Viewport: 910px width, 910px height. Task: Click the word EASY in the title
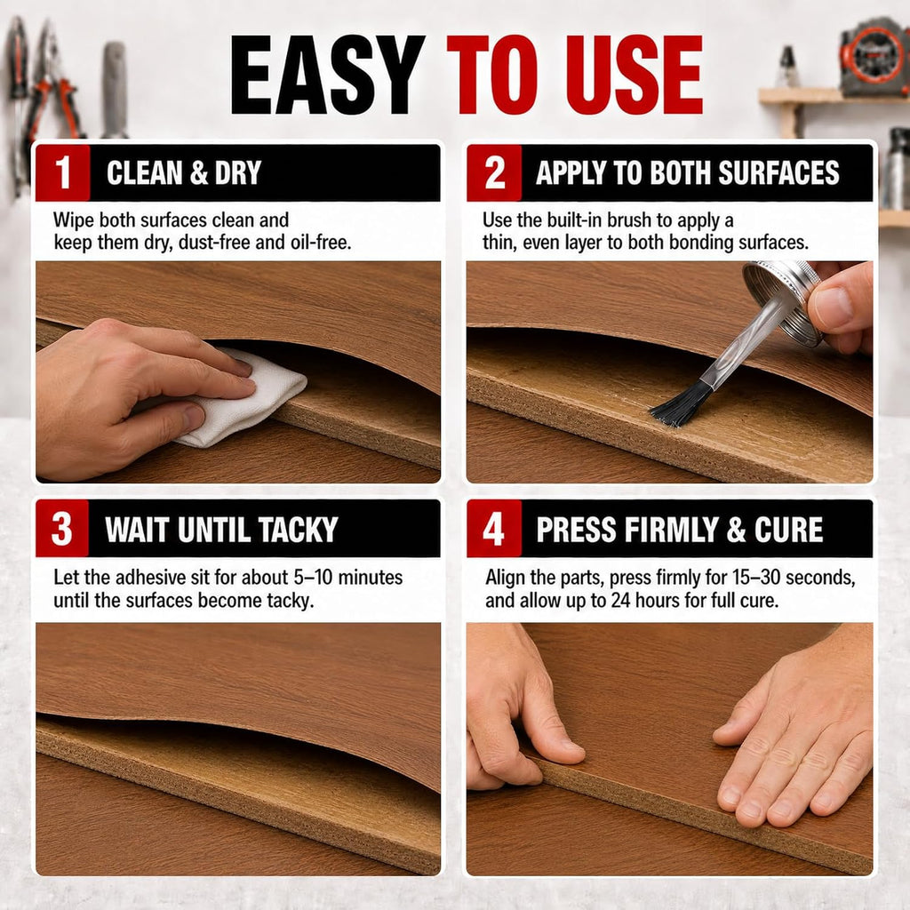point(328,75)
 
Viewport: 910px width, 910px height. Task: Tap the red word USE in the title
point(634,75)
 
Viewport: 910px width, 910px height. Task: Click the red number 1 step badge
point(63,173)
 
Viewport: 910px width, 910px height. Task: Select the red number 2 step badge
point(494,173)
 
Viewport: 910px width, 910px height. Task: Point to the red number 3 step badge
point(62,529)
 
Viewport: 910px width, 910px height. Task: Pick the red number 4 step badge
point(494,529)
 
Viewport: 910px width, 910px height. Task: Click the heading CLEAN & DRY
point(184,173)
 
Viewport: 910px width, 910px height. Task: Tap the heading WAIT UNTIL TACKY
point(221,530)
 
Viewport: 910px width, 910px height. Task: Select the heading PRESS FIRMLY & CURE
point(680,530)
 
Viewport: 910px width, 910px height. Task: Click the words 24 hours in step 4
point(645,601)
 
